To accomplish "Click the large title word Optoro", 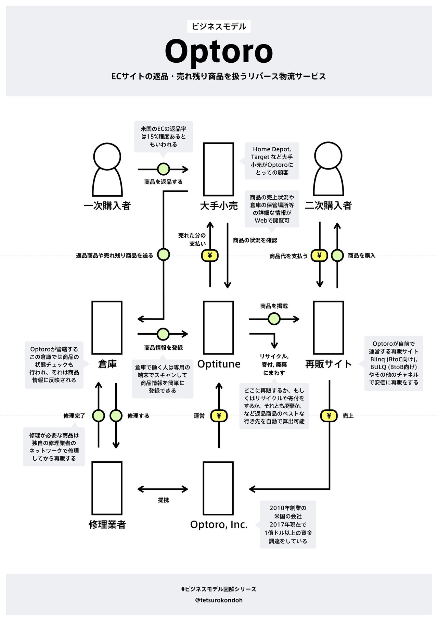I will [219, 51].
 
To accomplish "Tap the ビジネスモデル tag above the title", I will [219, 26].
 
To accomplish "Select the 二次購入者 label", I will [328, 206].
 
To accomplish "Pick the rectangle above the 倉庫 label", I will [107, 327].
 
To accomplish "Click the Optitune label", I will [219, 364].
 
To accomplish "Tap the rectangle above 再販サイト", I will [328, 327].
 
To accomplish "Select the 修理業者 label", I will [107, 524].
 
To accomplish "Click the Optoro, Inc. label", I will [219, 524].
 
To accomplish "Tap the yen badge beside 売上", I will [329, 416].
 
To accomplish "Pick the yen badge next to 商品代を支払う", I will [319, 256].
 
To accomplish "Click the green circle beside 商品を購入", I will [337, 256].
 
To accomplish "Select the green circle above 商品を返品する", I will [163, 169].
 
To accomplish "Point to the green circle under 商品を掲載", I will [274, 319].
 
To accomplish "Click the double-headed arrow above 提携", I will [163, 489].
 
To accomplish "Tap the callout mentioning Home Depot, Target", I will [272, 161].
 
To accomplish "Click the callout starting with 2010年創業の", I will [288, 524].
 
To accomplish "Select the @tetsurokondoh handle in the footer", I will [219, 600].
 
